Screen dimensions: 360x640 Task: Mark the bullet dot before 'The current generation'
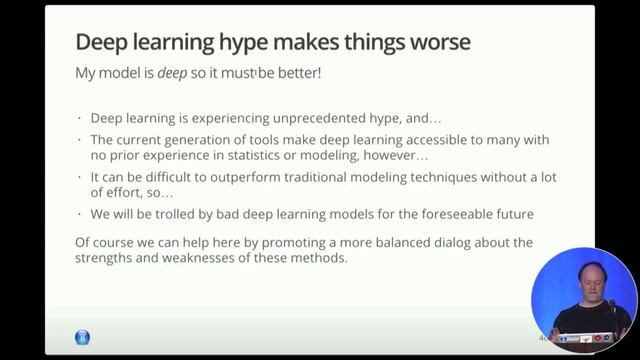click(x=79, y=136)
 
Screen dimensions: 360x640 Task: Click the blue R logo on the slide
click(x=82, y=338)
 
